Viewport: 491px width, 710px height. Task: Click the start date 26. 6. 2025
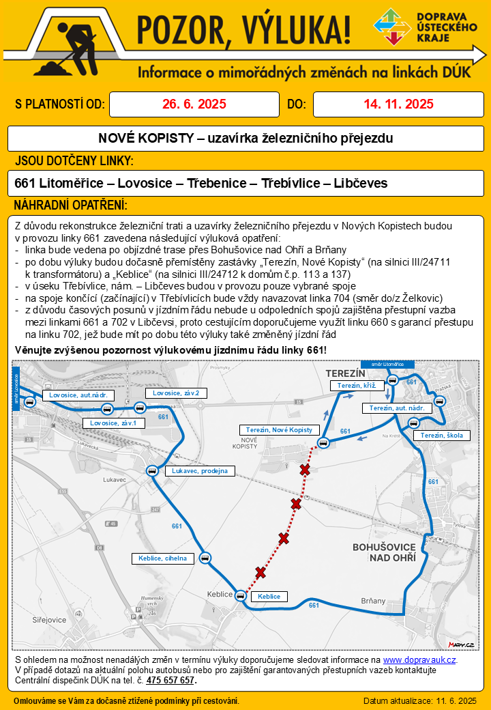click(194, 104)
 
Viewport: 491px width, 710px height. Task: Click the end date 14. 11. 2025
click(398, 104)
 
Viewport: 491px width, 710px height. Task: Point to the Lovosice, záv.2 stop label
click(175, 393)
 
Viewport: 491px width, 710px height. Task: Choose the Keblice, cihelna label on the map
click(162, 558)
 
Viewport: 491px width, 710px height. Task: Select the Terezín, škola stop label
click(441, 436)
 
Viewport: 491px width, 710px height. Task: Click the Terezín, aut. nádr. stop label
click(396, 408)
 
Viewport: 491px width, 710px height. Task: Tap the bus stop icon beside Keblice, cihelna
click(205, 558)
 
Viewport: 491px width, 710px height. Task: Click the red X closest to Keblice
click(260, 572)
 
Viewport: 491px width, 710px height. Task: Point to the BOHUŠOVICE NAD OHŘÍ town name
click(383, 552)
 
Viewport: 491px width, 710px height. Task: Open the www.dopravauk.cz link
click(419, 660)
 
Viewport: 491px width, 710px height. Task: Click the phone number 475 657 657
click(170, 680)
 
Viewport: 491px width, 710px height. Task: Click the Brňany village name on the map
click(373, 601)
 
